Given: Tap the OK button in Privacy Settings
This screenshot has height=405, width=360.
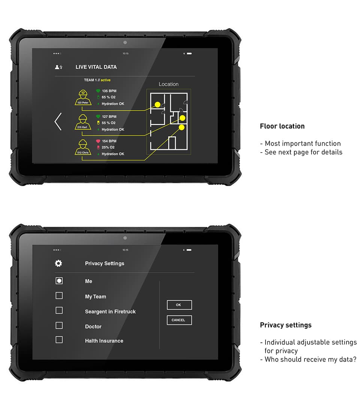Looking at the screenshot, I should point(179,305).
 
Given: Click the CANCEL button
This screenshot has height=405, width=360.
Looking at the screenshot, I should point(179,320).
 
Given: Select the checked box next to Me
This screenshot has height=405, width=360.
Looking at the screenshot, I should point(59,280).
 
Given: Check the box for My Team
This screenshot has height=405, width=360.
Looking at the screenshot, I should point(59,295).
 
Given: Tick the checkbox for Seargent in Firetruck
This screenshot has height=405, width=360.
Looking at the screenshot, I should point(59,310).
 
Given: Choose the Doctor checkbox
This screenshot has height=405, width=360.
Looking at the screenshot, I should point(59,325).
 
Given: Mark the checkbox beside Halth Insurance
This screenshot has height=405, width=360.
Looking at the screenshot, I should point(59,340).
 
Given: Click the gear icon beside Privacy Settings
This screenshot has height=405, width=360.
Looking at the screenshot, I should point(58,263).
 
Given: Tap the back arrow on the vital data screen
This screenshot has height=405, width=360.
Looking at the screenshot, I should point(58,121).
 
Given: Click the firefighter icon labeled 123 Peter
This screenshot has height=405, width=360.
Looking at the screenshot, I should point(83,97).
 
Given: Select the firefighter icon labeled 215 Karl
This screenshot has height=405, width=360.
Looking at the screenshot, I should point(83,122).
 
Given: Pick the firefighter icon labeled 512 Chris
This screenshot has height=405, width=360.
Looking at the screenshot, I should point(83,147).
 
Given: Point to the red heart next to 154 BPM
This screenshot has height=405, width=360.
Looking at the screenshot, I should point(98,141).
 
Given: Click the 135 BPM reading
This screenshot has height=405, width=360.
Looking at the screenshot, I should point(109,91).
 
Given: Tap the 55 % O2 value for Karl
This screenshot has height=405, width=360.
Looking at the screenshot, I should point(108,123).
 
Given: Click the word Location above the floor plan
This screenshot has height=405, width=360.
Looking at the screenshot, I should point(168,84).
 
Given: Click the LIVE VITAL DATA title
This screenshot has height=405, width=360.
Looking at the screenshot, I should point(96,67).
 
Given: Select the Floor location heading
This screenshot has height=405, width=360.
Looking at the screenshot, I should point(282,126).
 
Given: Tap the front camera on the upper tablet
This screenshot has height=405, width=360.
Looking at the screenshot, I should point(125,42).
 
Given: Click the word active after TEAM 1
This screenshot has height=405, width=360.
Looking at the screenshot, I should point(105,80).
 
